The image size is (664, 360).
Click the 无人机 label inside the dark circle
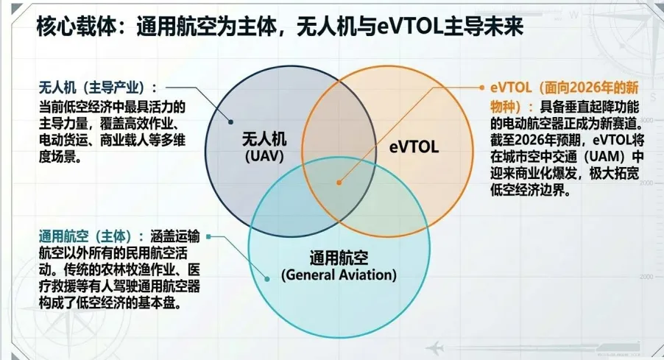coord(264,139)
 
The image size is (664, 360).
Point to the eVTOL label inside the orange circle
coord(414,147)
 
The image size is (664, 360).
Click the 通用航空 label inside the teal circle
coord(339,258)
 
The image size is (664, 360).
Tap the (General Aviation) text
coord(339,275)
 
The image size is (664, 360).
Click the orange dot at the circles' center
coord(339,180)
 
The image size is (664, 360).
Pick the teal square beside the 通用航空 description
coord(209,236)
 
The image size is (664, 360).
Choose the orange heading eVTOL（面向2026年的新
coord(567,88)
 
